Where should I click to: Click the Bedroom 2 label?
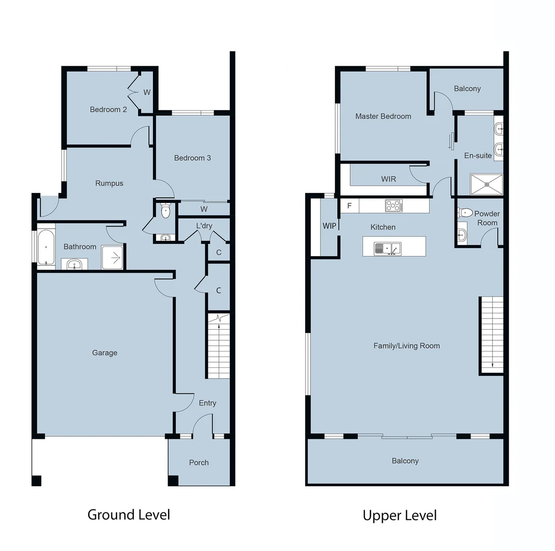coord(108,109)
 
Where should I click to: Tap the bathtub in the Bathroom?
coord(46,247)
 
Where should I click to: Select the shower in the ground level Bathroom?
coord(112,257)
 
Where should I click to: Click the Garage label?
coord(104,353)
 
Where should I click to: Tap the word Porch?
coord(199,462)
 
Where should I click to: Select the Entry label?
coord(207,403)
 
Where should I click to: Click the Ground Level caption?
coord(128,514)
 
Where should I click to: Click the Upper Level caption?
coord(400,515)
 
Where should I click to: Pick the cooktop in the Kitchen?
coord(393,206)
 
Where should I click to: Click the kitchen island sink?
coord(387,248)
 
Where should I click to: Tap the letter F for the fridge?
coord(349,206)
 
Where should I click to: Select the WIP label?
coord(329,226)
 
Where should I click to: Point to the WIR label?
coord(388,179)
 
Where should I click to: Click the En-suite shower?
coord(486,184)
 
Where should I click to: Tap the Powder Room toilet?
coord(465,212)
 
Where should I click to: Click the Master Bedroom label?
coord(383,116)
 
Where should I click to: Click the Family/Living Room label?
coord(406,346)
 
